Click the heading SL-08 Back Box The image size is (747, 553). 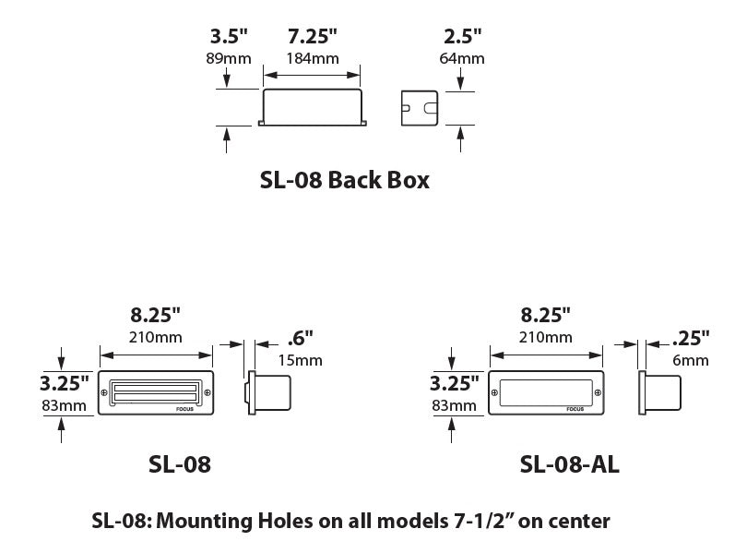(x=345, y=180)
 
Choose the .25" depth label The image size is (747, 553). (x=691, y=338)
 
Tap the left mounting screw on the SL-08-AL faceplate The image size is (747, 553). (x=496, y=394)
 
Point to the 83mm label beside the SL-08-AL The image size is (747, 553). (x=454, y=405)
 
